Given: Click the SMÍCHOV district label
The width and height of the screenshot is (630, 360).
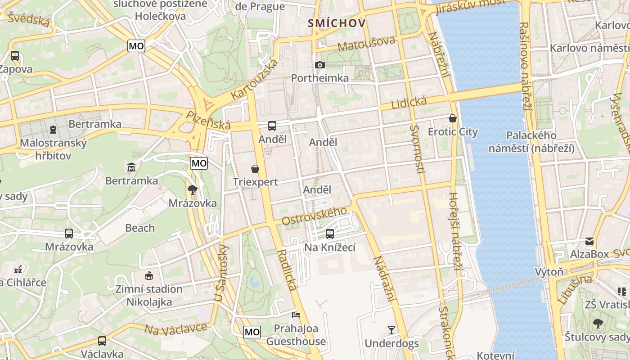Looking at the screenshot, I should point(336,23).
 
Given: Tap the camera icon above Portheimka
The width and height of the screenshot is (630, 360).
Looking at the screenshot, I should point(320,65).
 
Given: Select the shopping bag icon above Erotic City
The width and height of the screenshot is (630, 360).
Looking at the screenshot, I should point(453,118).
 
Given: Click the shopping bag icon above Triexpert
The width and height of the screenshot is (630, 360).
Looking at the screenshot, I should point(255,169).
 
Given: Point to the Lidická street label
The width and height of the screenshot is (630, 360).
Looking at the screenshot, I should point(409,103).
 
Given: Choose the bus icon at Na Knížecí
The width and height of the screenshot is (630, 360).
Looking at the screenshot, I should point(330,234).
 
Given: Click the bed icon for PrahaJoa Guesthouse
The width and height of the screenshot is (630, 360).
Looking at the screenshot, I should point(296,315).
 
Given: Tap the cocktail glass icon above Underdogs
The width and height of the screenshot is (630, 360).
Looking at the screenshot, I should point(391,330).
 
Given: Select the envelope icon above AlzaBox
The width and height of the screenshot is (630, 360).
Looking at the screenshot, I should point(589,241).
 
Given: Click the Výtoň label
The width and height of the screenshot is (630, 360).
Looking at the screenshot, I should point(549,272).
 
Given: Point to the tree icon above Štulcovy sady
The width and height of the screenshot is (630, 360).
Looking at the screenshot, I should point(598,323).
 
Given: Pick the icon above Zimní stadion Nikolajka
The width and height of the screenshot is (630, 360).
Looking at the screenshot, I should point(148,275).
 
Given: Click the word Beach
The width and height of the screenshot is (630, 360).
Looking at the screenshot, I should point(140,228).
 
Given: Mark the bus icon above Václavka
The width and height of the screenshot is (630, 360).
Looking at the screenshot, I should point(102,341).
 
